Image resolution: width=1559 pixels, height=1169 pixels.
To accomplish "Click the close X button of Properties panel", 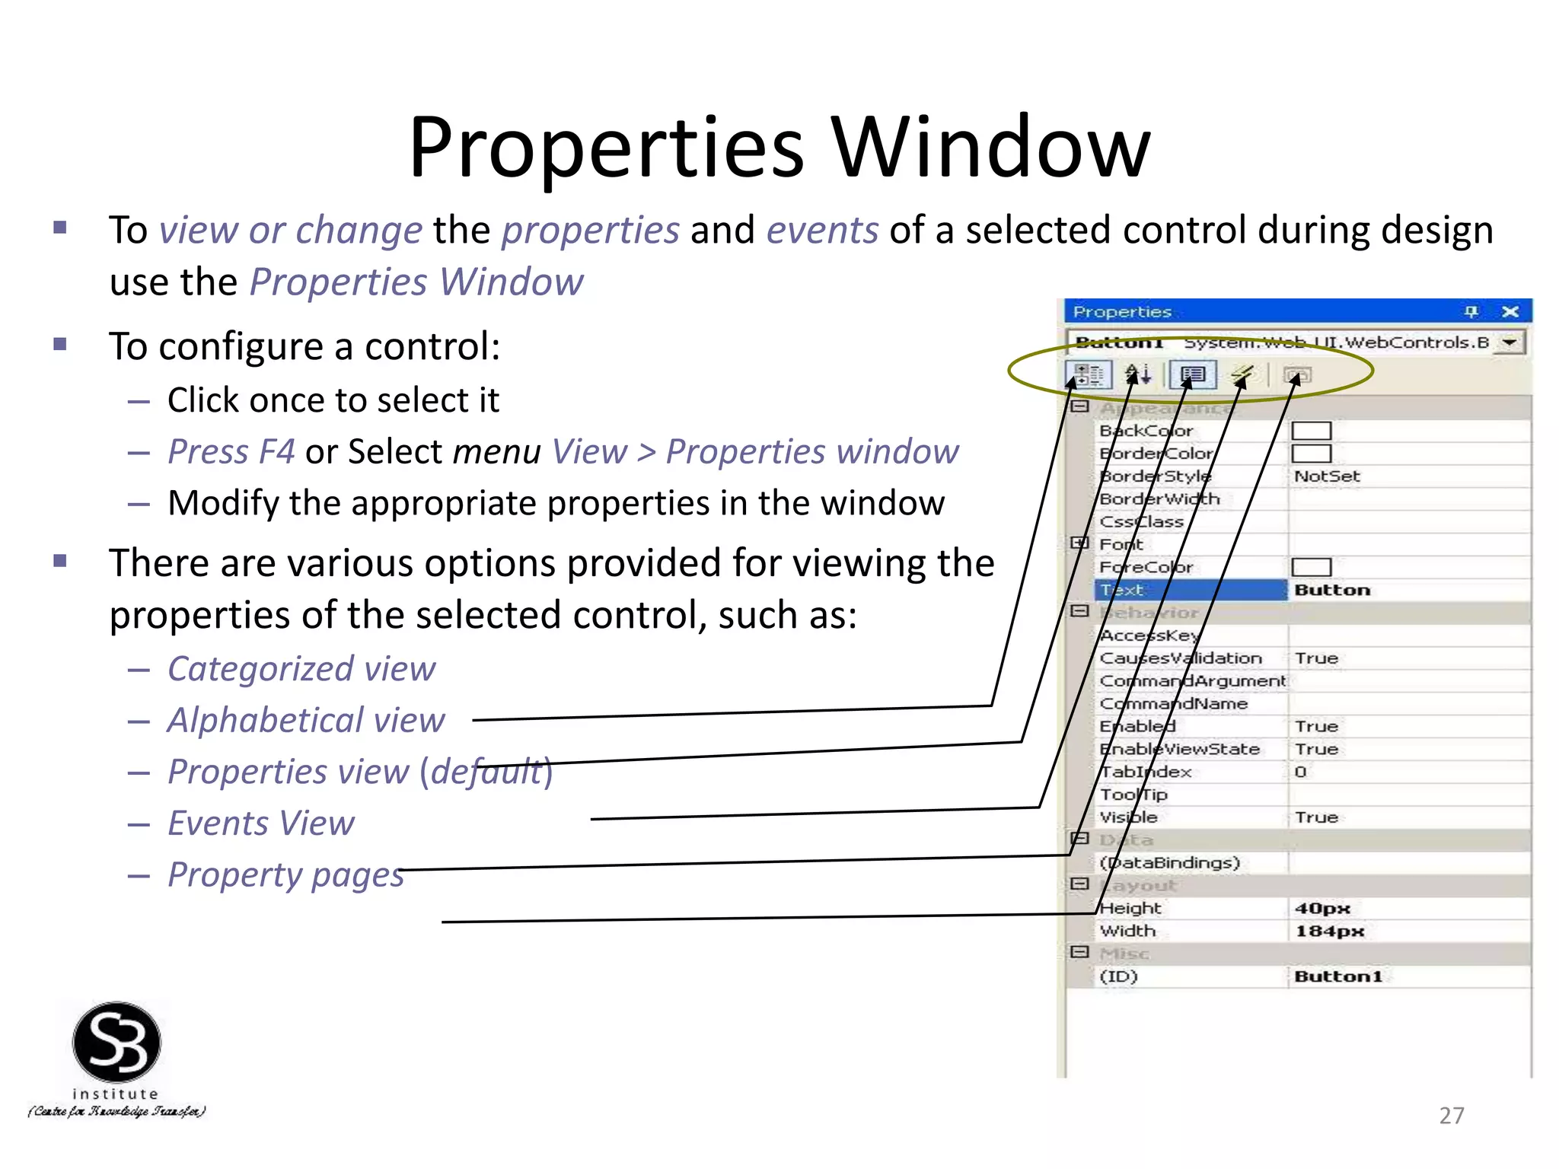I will coord(1510,311).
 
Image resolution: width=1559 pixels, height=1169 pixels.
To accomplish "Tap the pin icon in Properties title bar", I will coord(1471,311).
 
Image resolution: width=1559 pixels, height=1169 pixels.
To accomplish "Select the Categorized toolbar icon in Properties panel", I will coord(1087,374).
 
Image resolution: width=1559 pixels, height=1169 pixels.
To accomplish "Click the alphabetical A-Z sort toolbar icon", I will coord(1138,374).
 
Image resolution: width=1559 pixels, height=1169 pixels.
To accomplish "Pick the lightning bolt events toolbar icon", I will coord(1242,374).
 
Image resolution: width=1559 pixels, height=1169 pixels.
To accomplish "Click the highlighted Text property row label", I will coord(1122,590).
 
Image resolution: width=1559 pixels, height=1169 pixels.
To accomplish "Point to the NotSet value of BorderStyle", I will coord(1327,476).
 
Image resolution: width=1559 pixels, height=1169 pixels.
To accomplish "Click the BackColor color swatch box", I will coord(1311,431).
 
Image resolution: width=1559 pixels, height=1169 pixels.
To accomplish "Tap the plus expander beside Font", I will coord(1079,543).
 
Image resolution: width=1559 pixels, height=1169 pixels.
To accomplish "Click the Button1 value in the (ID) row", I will coord(1337,976).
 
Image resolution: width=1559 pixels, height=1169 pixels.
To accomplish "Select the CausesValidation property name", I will coord(1181,658).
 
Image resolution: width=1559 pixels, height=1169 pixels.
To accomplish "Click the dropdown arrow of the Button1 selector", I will coord(1509,342).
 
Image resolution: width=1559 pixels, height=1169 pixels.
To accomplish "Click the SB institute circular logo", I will coord(116,1043).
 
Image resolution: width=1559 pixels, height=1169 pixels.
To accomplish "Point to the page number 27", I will coord(1451,1116).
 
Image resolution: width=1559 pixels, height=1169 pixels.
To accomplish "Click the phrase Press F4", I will coord(231,452).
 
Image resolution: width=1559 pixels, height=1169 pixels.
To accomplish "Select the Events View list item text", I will coord(261,823).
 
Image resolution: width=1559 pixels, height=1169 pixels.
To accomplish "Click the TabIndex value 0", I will coord(1300,772).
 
